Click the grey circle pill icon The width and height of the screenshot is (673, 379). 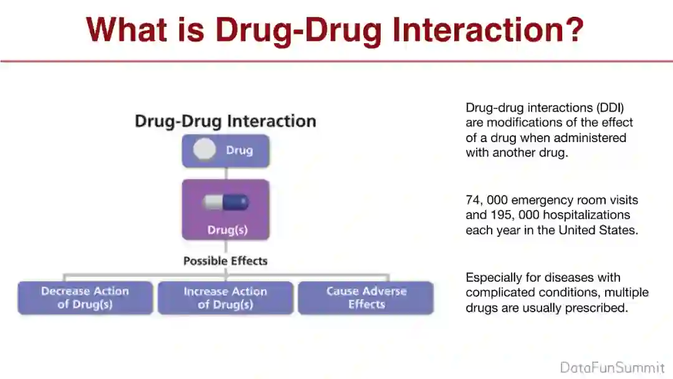204,149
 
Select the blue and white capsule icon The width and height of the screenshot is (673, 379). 226,202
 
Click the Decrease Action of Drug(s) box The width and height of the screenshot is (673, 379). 85,297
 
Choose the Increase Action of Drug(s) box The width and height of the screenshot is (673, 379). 226,298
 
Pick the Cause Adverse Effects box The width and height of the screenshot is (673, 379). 366,297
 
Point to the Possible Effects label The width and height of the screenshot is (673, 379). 226,261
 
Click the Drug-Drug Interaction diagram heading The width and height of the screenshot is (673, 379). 226,121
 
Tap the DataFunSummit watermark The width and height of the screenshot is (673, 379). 612,368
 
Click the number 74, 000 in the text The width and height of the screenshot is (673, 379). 486,200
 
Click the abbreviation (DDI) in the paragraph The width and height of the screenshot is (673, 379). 610,107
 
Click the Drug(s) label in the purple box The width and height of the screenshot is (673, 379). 227,230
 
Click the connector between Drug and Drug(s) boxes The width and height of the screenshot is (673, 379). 226,173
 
